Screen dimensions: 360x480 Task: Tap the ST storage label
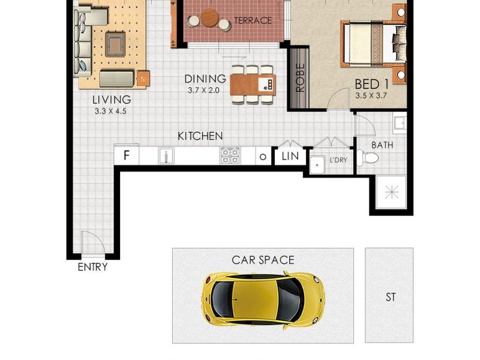[391, 297]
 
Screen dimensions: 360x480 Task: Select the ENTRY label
[92, 267]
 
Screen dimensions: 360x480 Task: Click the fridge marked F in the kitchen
[127, 155]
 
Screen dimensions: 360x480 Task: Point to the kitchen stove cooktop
[230, 156]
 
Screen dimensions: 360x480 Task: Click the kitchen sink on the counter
[166, 156]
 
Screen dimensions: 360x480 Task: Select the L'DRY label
[338, 161]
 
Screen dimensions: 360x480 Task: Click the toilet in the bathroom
[369, 158]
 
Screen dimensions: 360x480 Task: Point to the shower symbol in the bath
[391, 193]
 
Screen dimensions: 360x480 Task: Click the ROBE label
[299, 77]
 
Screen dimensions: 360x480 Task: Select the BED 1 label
[373, 84]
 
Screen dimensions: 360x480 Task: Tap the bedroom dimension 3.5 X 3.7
[373, 95]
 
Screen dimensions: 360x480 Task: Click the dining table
[252, 84]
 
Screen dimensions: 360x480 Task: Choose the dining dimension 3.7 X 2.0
[205, 91]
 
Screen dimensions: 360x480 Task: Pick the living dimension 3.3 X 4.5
[112, 110]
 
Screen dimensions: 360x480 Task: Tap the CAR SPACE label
[263, 260]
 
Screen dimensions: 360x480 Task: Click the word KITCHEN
[200, 136]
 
